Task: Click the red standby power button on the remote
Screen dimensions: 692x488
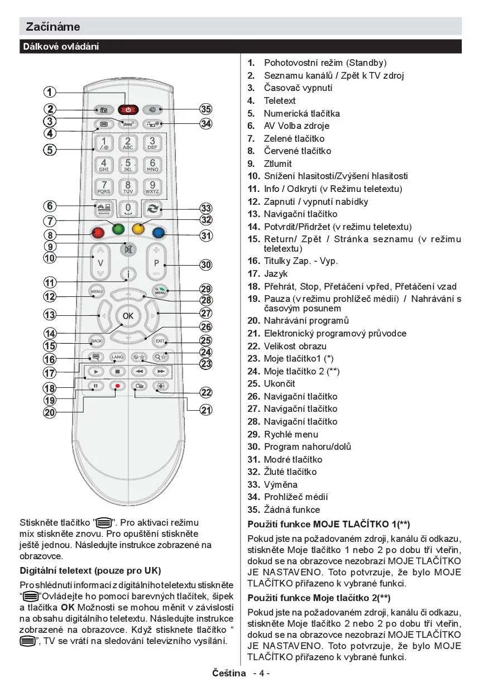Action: point(128,109)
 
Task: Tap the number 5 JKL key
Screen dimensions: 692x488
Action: point(128,165)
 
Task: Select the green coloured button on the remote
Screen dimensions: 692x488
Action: point(117,228)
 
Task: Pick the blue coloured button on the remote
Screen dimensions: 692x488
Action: point(159,232)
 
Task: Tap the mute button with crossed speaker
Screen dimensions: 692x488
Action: point(128,249)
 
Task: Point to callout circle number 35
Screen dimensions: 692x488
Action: point(206,109)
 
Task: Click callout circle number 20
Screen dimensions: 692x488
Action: point(50,412)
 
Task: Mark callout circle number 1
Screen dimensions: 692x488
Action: point(50,93)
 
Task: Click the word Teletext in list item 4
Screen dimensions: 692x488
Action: point(280,101)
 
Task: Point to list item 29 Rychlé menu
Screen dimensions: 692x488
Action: point(291,434)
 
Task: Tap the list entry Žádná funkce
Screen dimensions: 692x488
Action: point(292,510)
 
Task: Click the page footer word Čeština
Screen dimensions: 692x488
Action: point(229,672)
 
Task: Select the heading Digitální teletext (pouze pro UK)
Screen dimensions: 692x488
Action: point(90,571)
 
